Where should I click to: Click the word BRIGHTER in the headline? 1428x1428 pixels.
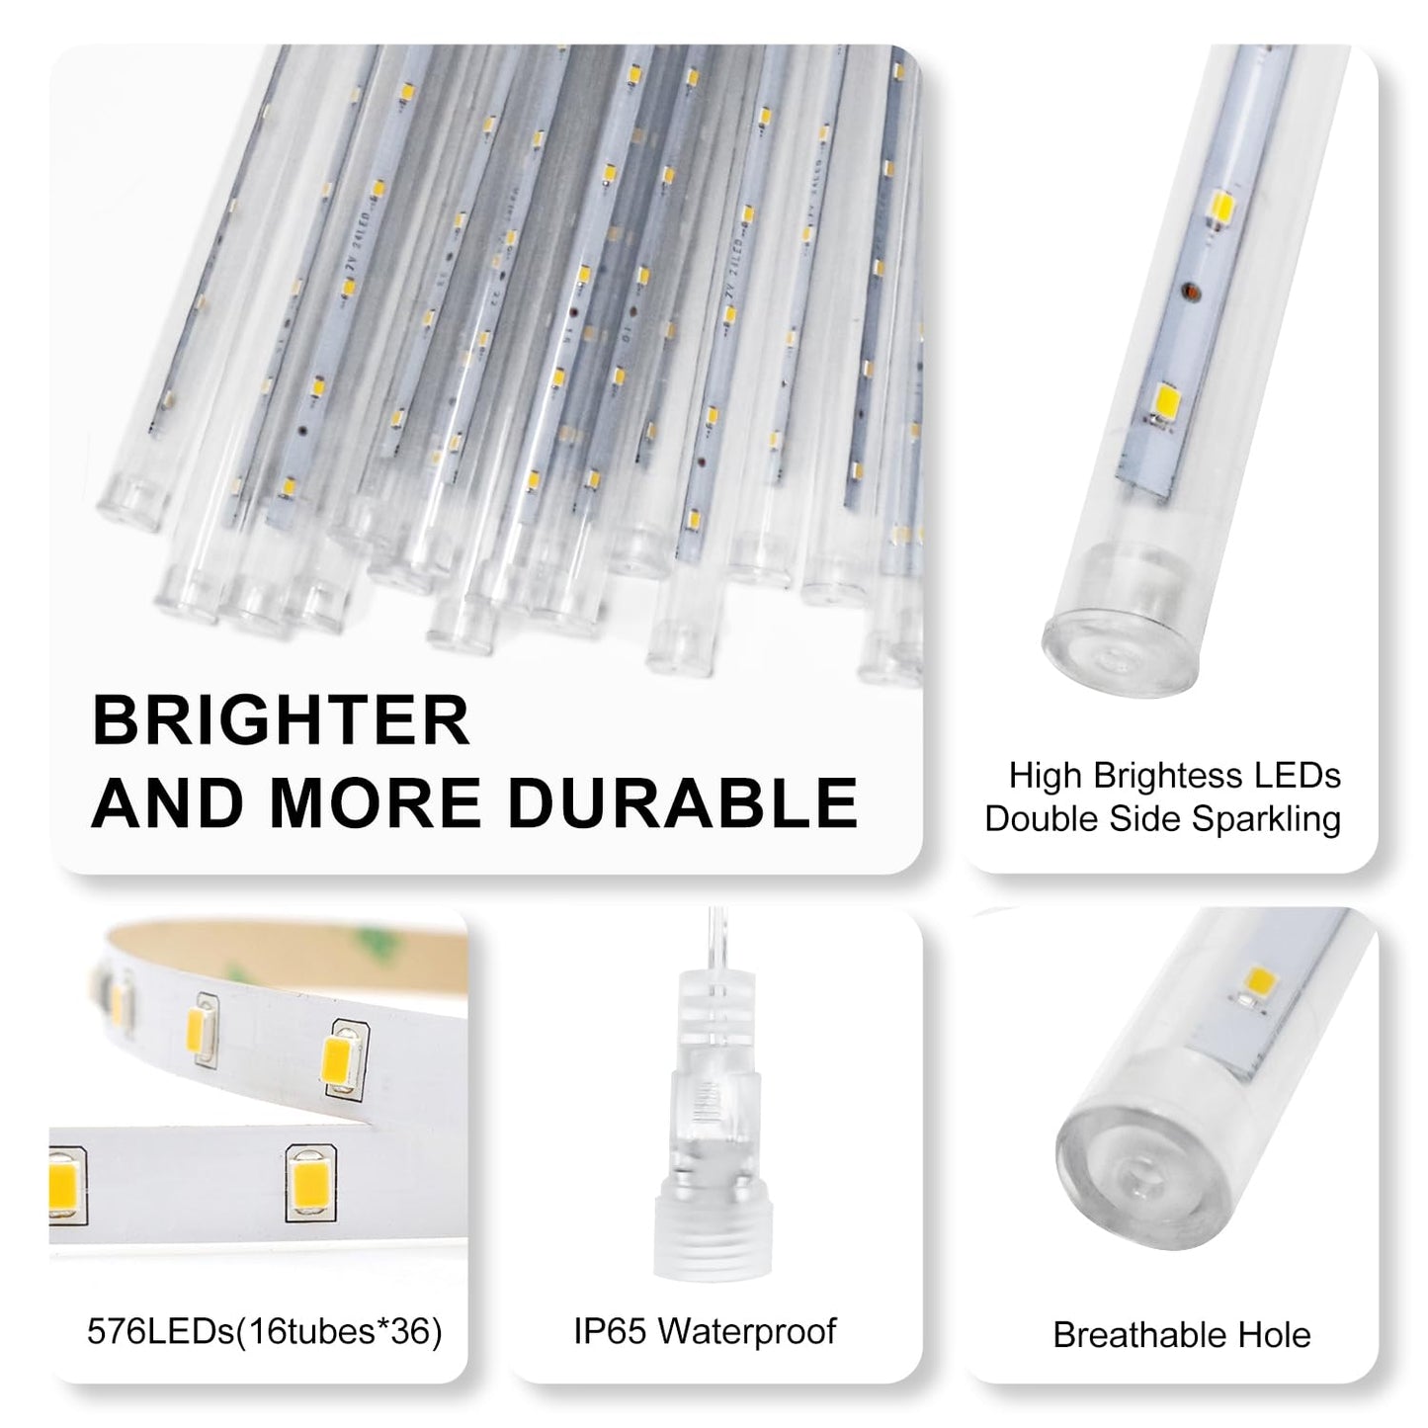pyautogui.click(x=281, y=720)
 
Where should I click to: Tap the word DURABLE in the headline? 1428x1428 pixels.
pyautogui.click(x=683, y=802)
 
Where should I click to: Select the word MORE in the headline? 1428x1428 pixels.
pyautogui.click(x=375, y=802)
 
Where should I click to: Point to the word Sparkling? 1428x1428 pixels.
pyautogui.click(x=1266, y=819)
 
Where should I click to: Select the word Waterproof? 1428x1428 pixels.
pyautogui.click(x=748, y=1332)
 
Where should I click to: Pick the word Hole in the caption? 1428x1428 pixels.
pyautogui.click(x=1274, y=1335)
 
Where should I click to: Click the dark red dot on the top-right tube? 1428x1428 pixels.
pyautogui.click(x=1190, y=292)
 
